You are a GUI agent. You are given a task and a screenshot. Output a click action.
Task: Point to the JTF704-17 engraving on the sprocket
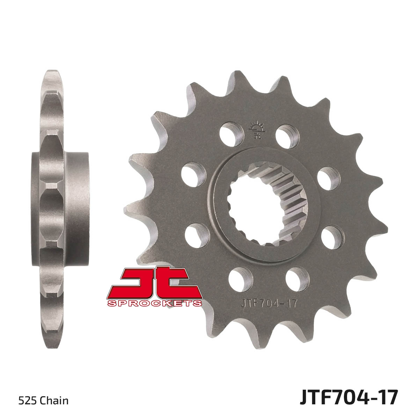point(269,303)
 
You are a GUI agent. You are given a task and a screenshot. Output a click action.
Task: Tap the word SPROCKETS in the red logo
point(155,303)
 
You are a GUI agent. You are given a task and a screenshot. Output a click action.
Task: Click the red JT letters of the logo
point(155,283)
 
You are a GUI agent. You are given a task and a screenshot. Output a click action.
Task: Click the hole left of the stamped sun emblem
point(231,134)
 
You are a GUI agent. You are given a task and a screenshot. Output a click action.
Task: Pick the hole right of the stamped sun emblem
point(287,137)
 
